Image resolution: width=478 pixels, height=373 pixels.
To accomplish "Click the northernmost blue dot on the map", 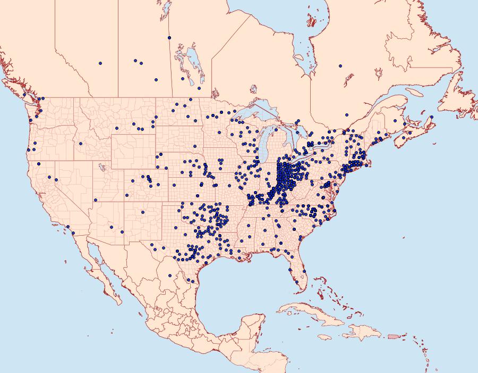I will click(169, 37).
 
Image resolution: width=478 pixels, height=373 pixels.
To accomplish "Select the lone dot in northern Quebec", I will click(340, 66).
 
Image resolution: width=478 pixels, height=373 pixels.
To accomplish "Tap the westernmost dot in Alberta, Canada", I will click(100, 63).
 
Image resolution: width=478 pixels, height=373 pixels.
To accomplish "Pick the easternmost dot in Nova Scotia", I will click(431, 117).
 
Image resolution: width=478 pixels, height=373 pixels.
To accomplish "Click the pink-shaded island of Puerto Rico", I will click(393, 336).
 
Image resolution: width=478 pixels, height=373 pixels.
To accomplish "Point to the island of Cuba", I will click(313, 314).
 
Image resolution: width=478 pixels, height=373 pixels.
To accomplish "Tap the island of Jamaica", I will click(325, 337).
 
